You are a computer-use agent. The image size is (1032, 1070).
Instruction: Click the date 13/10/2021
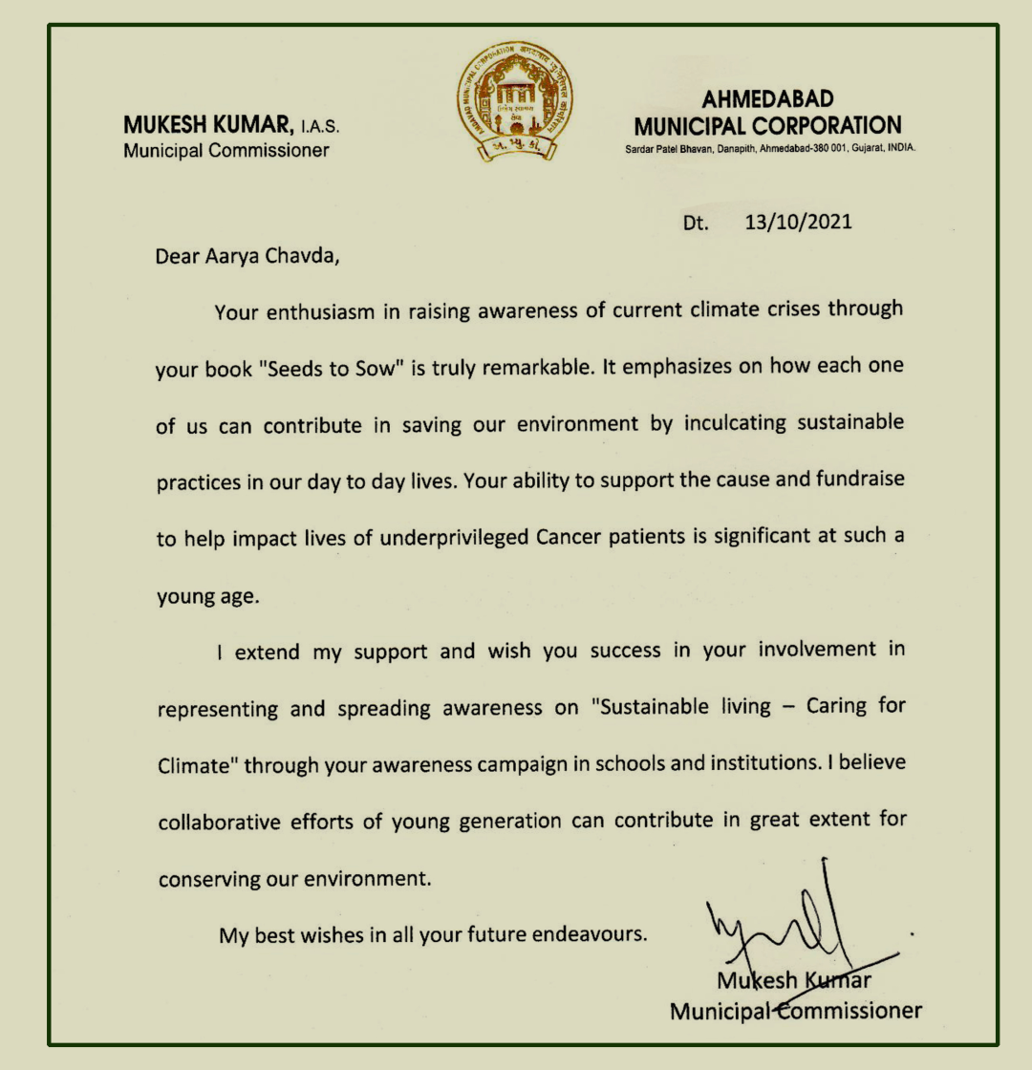798,223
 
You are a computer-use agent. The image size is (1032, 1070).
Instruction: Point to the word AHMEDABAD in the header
767,99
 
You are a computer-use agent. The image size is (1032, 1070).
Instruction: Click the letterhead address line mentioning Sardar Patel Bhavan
768,148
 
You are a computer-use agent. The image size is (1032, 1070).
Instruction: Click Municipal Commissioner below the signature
795,1011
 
